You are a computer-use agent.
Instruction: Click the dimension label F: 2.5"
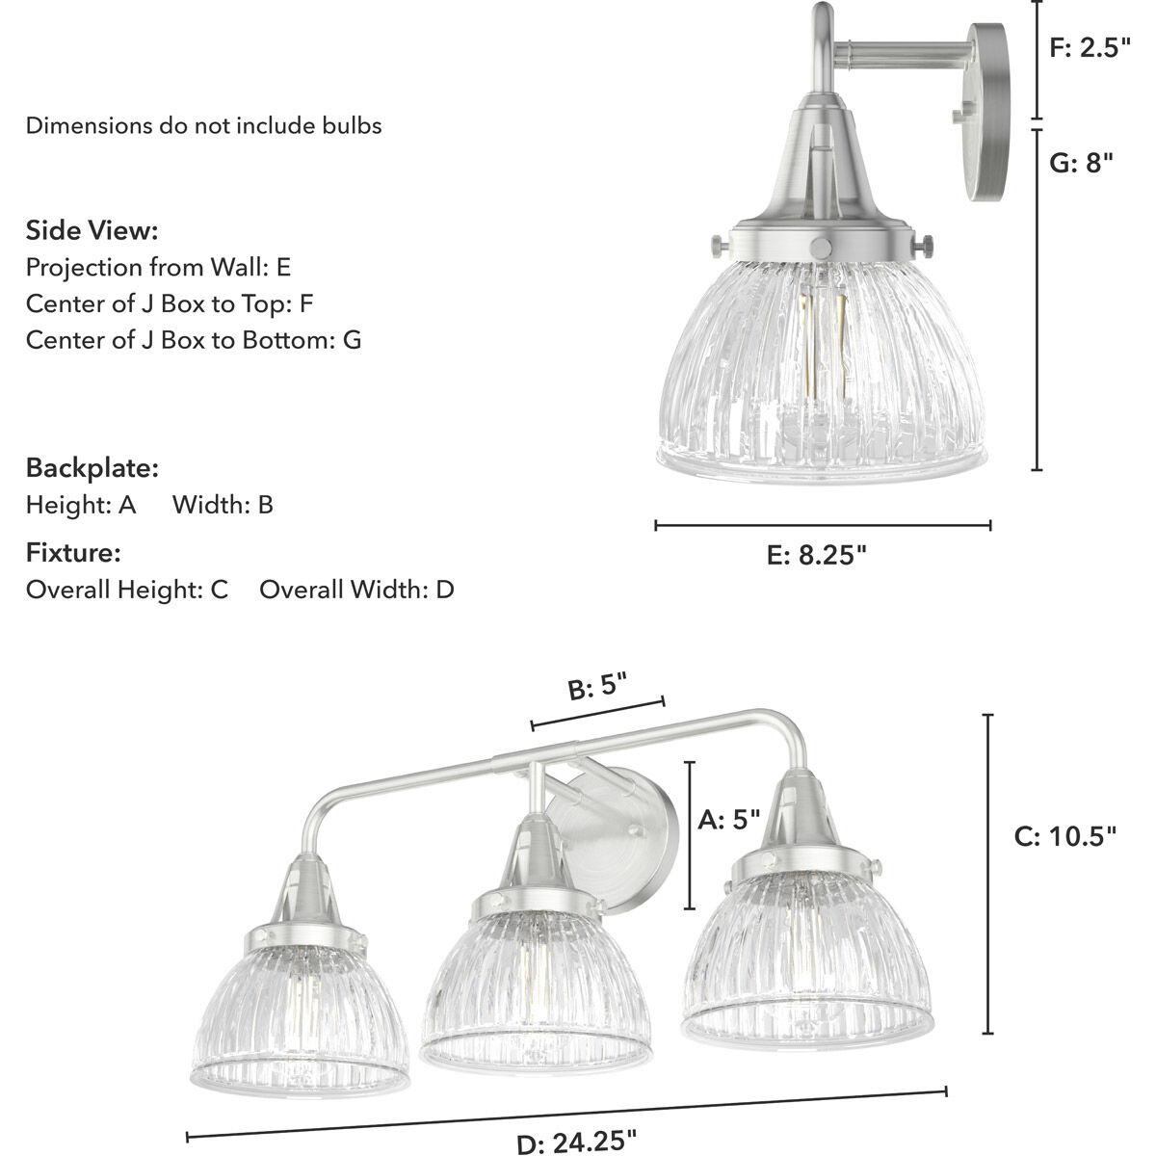click(x=1089, y=49)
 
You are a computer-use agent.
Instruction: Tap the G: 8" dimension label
click(x=1080, y=163)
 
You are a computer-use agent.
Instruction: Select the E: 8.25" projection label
click(x=818, y=556)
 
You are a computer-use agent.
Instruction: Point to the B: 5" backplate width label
click(x=597, y=689)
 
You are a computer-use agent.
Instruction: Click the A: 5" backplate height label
click(x=728, y=820)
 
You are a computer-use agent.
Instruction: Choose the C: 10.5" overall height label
click(x=1065, y=835)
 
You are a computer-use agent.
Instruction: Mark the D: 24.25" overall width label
click(x=576, y=1142)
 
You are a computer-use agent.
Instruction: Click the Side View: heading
click(x=92, y=231)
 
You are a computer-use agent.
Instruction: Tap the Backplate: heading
click(x=92, y=469)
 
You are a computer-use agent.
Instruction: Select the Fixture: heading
click(x=73, y=553)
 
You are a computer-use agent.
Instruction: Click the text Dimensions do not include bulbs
click(x=203, y=125)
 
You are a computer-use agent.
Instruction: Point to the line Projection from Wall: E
click(x=158, y=267)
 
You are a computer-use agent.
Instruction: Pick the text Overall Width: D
click(x=356, y=590)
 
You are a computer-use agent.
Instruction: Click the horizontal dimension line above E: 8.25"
click(x=823, y=525)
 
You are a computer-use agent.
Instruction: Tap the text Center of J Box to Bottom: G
click(x=194, y=339)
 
